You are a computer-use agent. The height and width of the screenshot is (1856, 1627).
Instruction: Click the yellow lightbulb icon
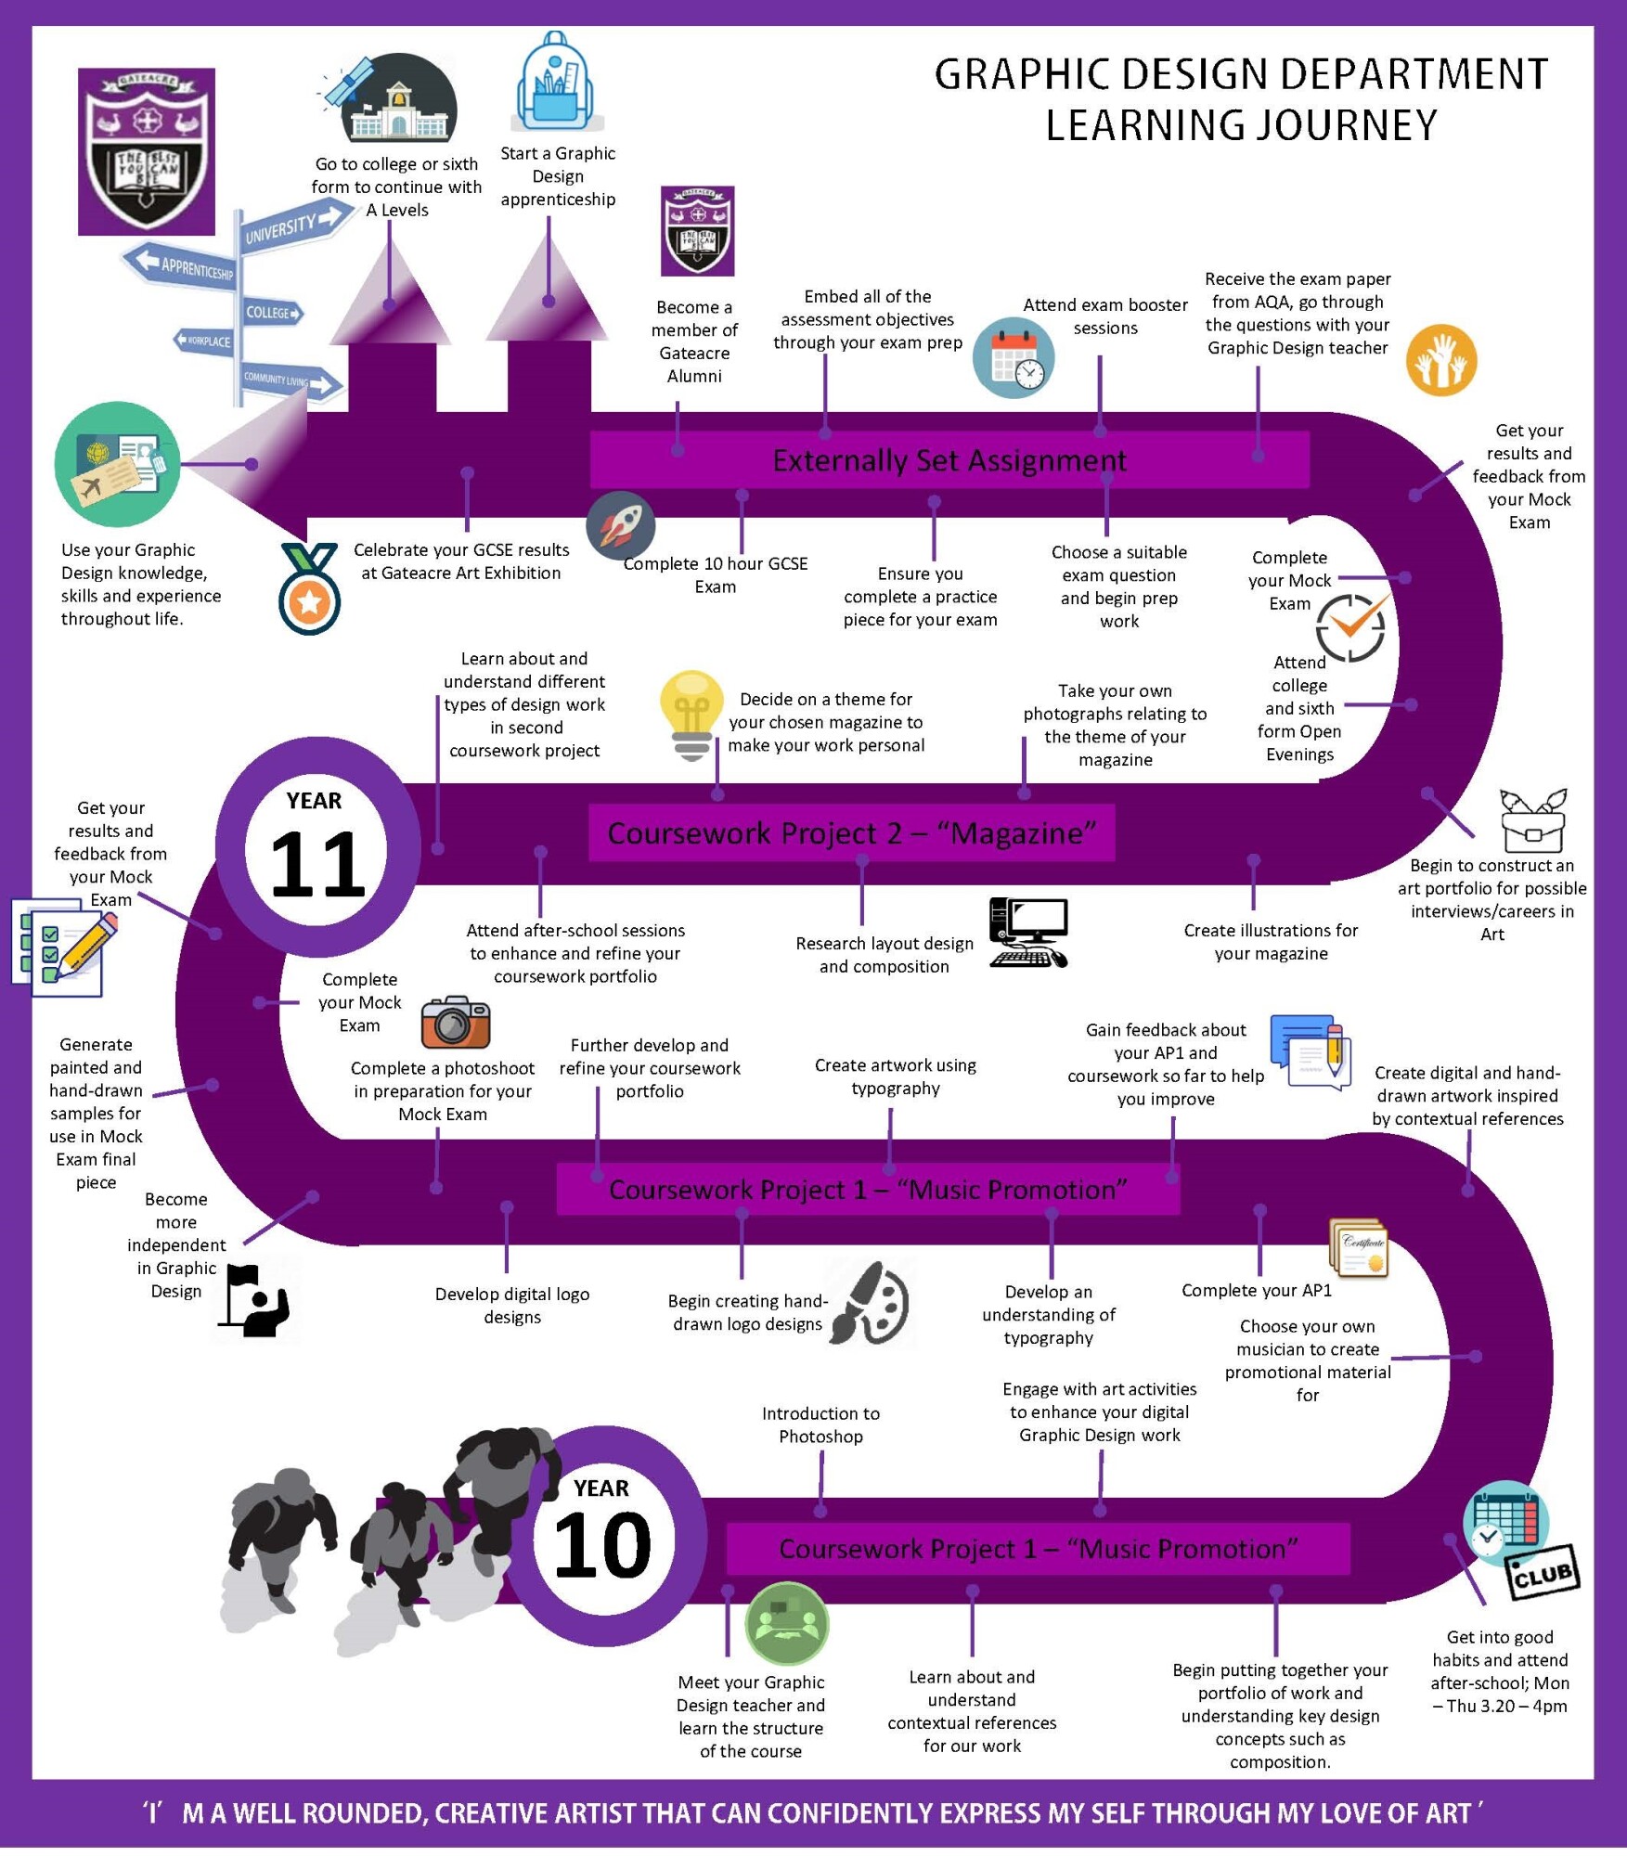691,714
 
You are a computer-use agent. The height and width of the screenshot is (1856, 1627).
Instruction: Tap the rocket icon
621,526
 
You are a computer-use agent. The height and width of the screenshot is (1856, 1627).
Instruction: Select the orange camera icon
455,1022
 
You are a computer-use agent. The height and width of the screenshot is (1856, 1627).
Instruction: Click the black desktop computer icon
1028,933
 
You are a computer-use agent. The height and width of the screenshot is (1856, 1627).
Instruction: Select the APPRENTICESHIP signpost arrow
181,265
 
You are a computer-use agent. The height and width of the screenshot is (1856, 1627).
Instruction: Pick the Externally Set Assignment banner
949,460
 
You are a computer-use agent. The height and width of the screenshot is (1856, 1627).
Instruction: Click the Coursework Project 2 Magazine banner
851,833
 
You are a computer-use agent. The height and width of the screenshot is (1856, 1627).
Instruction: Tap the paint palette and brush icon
871,1303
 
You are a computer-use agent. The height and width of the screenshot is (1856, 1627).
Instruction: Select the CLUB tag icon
1542,1572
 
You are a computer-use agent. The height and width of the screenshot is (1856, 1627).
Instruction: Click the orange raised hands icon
1440,360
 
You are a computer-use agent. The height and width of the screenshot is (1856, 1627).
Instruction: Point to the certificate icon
1360,1248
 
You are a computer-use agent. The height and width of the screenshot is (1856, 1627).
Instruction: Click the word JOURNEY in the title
1242,125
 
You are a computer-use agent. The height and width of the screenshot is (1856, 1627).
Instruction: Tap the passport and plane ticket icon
118,464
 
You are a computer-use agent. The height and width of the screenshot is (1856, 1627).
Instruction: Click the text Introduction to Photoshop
820,1424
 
